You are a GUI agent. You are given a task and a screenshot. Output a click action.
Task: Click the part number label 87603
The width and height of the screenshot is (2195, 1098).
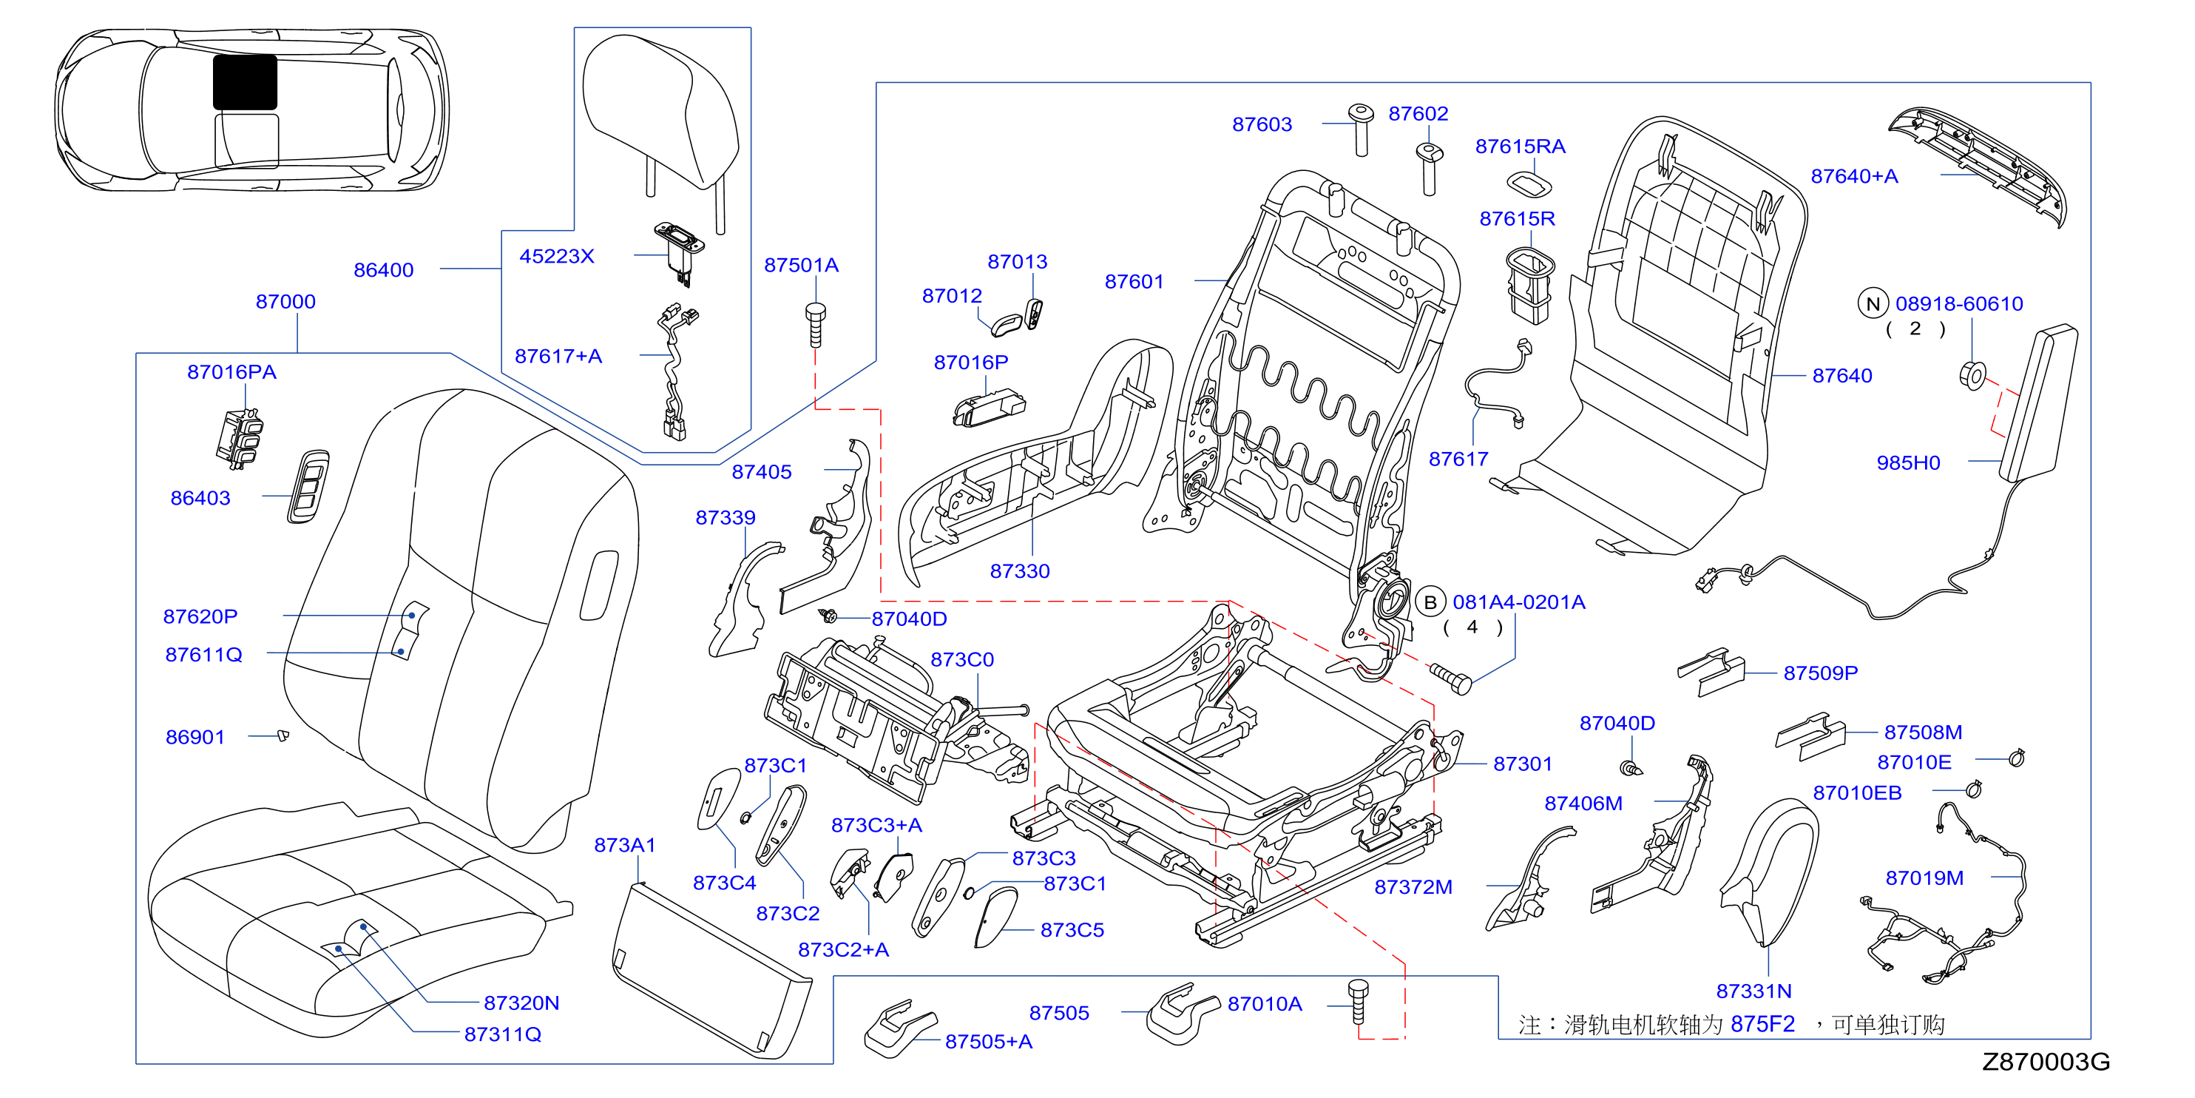tap(1262, 124)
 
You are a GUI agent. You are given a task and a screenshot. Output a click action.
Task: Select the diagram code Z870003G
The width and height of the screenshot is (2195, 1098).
tap(2046, 1061)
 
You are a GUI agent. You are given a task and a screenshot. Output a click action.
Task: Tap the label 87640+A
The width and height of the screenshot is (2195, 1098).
tap(1854, 176)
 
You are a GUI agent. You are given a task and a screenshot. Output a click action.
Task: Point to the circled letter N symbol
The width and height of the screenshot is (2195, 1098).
tap(1873, 304)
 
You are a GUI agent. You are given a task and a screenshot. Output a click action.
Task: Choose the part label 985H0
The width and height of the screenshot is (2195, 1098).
tap(1908, 463)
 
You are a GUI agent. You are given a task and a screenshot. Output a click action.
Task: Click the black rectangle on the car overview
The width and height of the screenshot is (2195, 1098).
tap(245, 82)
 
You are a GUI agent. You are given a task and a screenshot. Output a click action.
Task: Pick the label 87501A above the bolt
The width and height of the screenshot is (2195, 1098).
tap(801, 265)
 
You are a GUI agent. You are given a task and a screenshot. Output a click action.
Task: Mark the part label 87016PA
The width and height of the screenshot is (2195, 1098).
tap(231, 371)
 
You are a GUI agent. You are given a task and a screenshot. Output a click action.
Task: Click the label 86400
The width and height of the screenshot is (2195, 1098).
tap(383, 270)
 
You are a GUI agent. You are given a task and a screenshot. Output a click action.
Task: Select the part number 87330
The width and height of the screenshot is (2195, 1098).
tap(1019, 571)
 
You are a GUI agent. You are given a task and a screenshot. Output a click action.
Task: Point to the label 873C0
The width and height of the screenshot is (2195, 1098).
tap(962, 660)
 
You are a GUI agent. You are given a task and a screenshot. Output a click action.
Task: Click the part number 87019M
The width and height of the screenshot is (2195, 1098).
tap(1924, 878)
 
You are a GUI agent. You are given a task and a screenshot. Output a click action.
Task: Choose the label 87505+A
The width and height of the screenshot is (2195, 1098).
tap(989, 1042)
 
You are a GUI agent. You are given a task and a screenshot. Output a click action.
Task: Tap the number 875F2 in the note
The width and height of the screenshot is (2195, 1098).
tap(1763, 1025)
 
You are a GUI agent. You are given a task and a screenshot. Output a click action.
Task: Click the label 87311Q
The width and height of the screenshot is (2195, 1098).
tap(503, 1035)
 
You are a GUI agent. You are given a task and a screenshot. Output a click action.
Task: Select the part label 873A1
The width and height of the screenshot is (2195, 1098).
tap(625, 846)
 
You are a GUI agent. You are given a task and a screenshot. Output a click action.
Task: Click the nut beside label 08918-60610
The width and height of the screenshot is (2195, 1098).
tap(1973, 375)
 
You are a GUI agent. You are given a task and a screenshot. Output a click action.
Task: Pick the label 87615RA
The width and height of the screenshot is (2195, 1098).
tap(1520, 146)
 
